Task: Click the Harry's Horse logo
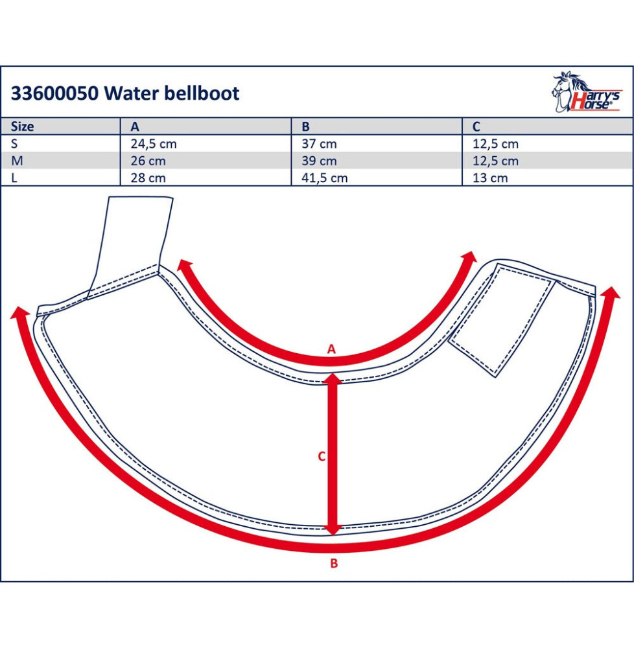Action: [x=585, y=92]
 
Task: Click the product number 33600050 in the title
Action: [x=54, y=93]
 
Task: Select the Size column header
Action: [x=22, y=126]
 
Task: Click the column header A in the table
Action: [x=135, y=126]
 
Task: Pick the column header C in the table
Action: [x=476, y=126]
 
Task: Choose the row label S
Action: [x=14, y=144]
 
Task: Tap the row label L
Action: [x=14, y=178]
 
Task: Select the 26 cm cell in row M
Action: [x=148, y=161]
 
